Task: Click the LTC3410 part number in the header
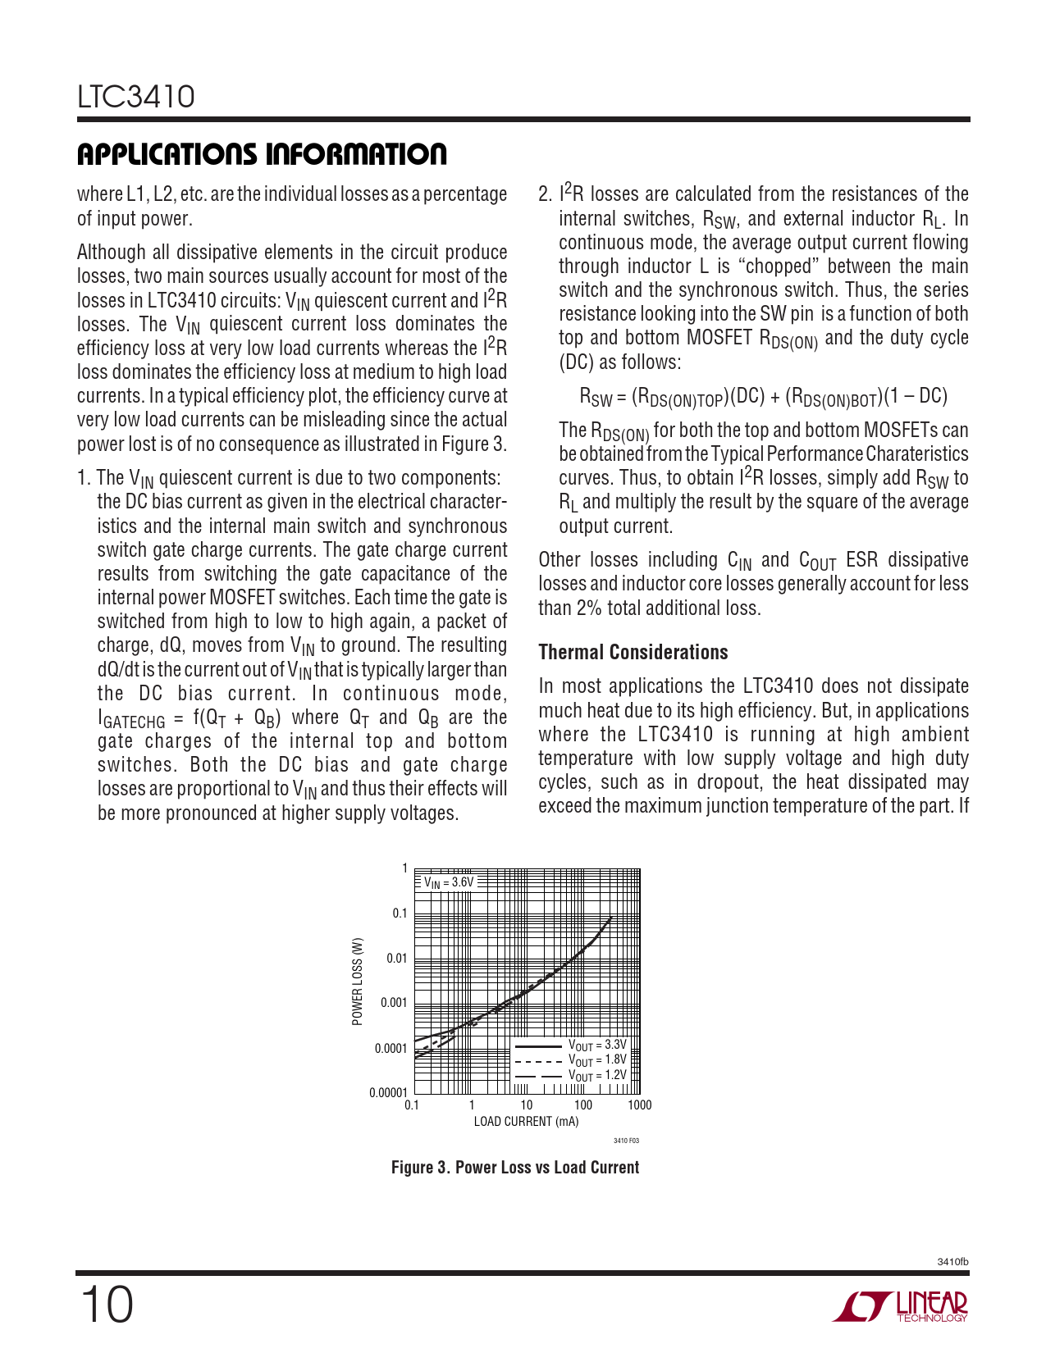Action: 136,97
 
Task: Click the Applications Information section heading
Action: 262,154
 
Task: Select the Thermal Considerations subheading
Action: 633,652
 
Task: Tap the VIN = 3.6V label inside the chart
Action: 448,882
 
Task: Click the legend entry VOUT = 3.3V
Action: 596,1045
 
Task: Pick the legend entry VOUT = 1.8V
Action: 596,1060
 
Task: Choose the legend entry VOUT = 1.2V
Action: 596,1075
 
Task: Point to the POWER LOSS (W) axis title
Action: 357,982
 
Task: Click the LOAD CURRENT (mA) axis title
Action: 526,1122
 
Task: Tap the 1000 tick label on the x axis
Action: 639,1105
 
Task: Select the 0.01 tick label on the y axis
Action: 396,958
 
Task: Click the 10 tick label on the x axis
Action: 526,1105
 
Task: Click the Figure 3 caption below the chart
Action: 514,1167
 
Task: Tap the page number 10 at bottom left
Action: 107,1305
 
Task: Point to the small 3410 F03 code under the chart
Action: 626,1141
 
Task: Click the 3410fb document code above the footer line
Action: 952,1262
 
